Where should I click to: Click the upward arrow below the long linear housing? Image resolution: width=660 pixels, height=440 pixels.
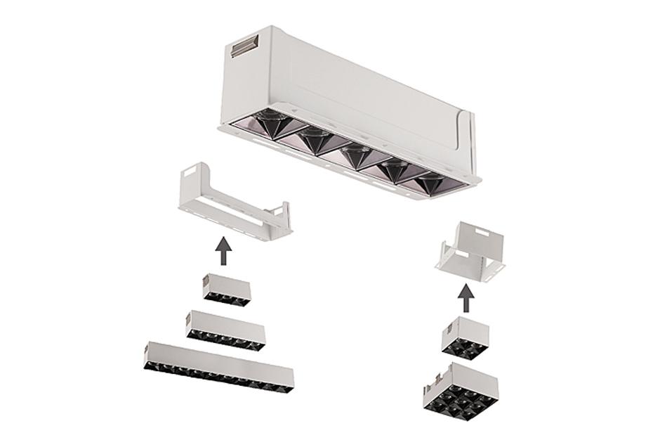coord(223,251)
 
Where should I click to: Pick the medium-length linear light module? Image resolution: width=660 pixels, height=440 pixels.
coord(226,330)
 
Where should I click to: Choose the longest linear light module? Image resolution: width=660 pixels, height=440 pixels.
coord(219,366)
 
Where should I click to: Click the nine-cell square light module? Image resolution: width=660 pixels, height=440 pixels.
coord(461,387)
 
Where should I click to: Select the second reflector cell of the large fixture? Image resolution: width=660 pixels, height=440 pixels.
coord(315,141)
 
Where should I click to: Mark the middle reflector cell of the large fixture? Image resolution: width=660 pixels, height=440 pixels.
coord(357,155)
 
